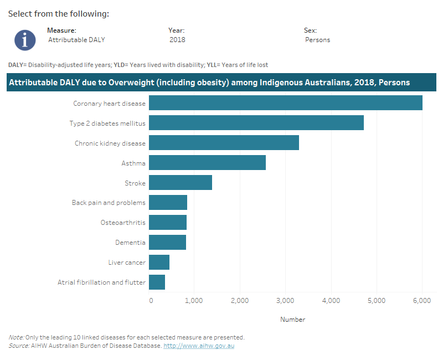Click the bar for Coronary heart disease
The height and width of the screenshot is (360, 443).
pos(285,103)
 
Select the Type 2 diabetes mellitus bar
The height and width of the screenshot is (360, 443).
pos(256,123)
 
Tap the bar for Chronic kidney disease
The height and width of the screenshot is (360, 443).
pos(224,143)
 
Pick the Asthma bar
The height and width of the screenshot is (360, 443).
pos(207,163)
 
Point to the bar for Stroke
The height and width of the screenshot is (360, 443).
pos(180,183)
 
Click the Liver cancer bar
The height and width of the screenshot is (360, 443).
pos(159,262)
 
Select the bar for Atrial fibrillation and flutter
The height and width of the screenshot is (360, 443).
pos(157,282)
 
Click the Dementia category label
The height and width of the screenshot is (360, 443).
pos(130,243)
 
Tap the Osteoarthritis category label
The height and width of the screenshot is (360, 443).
pos(123,223)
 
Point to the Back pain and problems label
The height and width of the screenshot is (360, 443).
pos(109,203)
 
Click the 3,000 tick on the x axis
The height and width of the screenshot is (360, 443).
pos(285,300)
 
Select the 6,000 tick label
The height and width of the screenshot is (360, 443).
pos(421,300)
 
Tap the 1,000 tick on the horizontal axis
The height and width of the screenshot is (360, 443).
pos(194,300)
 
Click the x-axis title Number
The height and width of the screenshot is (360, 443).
pos(292,320)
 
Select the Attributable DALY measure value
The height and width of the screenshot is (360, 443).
pos(76,40)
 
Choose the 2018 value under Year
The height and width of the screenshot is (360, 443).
pos(177,40)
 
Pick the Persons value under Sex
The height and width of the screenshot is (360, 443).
pos(317,40)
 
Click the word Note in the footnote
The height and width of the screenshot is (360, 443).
pos(16,337)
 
